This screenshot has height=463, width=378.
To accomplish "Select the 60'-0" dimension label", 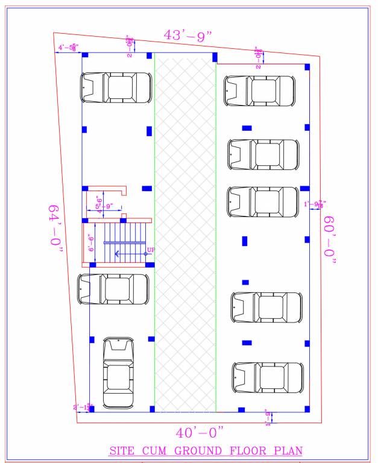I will tap(330, 240).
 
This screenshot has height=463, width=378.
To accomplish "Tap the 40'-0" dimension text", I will tap(200, 433).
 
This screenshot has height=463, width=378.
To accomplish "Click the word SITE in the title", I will tap(120, 451).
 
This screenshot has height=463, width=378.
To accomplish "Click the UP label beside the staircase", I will tap(151, 248).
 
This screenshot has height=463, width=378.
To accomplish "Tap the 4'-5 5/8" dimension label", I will tap(68, 47).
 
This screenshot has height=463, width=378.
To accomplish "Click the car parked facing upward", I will tap(119, 372).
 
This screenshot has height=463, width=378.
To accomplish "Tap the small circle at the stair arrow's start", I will tap(145, 254).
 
